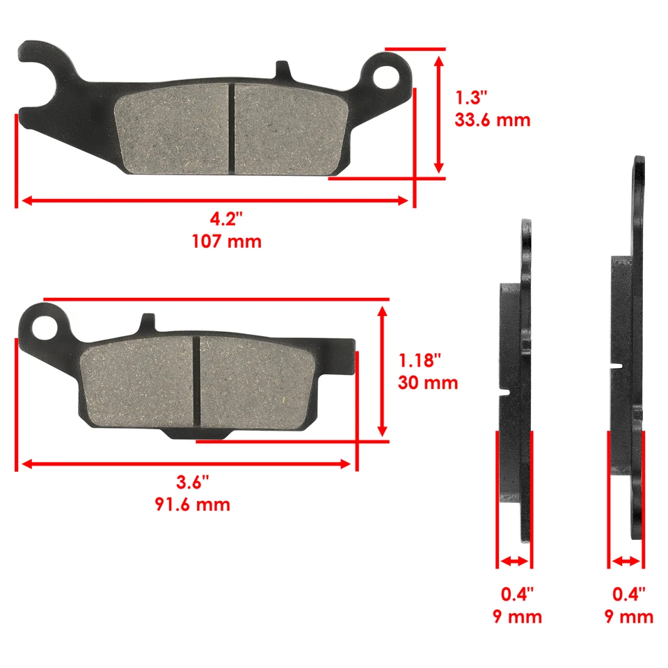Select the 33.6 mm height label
coord(493,120)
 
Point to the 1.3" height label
coord(472,96)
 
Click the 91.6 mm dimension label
coord(192,504)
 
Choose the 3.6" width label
coord(192,482)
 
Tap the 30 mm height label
coord(428,382)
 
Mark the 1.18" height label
coord(420,360)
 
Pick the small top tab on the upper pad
coord(283,70)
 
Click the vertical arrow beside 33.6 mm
coord(438,114)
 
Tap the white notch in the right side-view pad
coord(616,365)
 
